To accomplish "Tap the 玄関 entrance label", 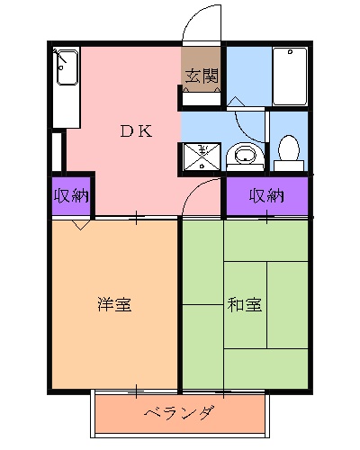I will (202, 76).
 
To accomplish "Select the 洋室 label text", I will (114, 304).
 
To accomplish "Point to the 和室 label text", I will (244, 304).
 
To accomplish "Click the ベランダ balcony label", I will (180, 413).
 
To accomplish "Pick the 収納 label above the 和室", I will (266, 195).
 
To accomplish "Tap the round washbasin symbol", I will (242, 156).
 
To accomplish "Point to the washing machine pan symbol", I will (201, 156).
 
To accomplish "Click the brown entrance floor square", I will (202, 86).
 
